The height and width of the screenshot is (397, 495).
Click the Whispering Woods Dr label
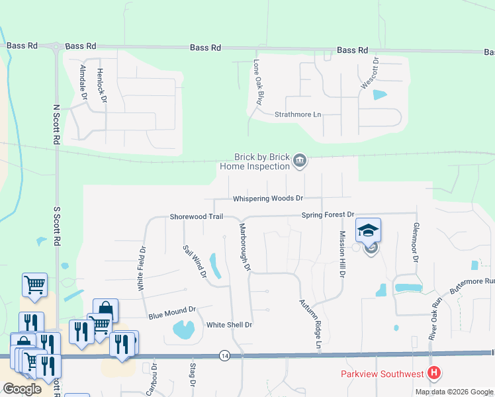267,198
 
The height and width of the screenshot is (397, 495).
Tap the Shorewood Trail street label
197,216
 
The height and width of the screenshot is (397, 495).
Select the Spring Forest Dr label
328,215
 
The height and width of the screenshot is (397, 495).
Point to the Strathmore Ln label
297,114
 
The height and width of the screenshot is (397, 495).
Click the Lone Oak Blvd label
259,83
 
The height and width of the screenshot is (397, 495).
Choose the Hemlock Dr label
101,85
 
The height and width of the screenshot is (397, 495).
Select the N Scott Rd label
56,125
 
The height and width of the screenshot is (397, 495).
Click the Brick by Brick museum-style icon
300,161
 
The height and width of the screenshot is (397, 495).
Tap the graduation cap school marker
368,231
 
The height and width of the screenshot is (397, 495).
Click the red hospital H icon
434,374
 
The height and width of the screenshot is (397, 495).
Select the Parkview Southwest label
382,375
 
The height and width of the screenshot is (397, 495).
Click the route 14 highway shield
226,356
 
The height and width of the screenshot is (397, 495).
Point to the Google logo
22,389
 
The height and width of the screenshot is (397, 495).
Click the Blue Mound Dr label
173,310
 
